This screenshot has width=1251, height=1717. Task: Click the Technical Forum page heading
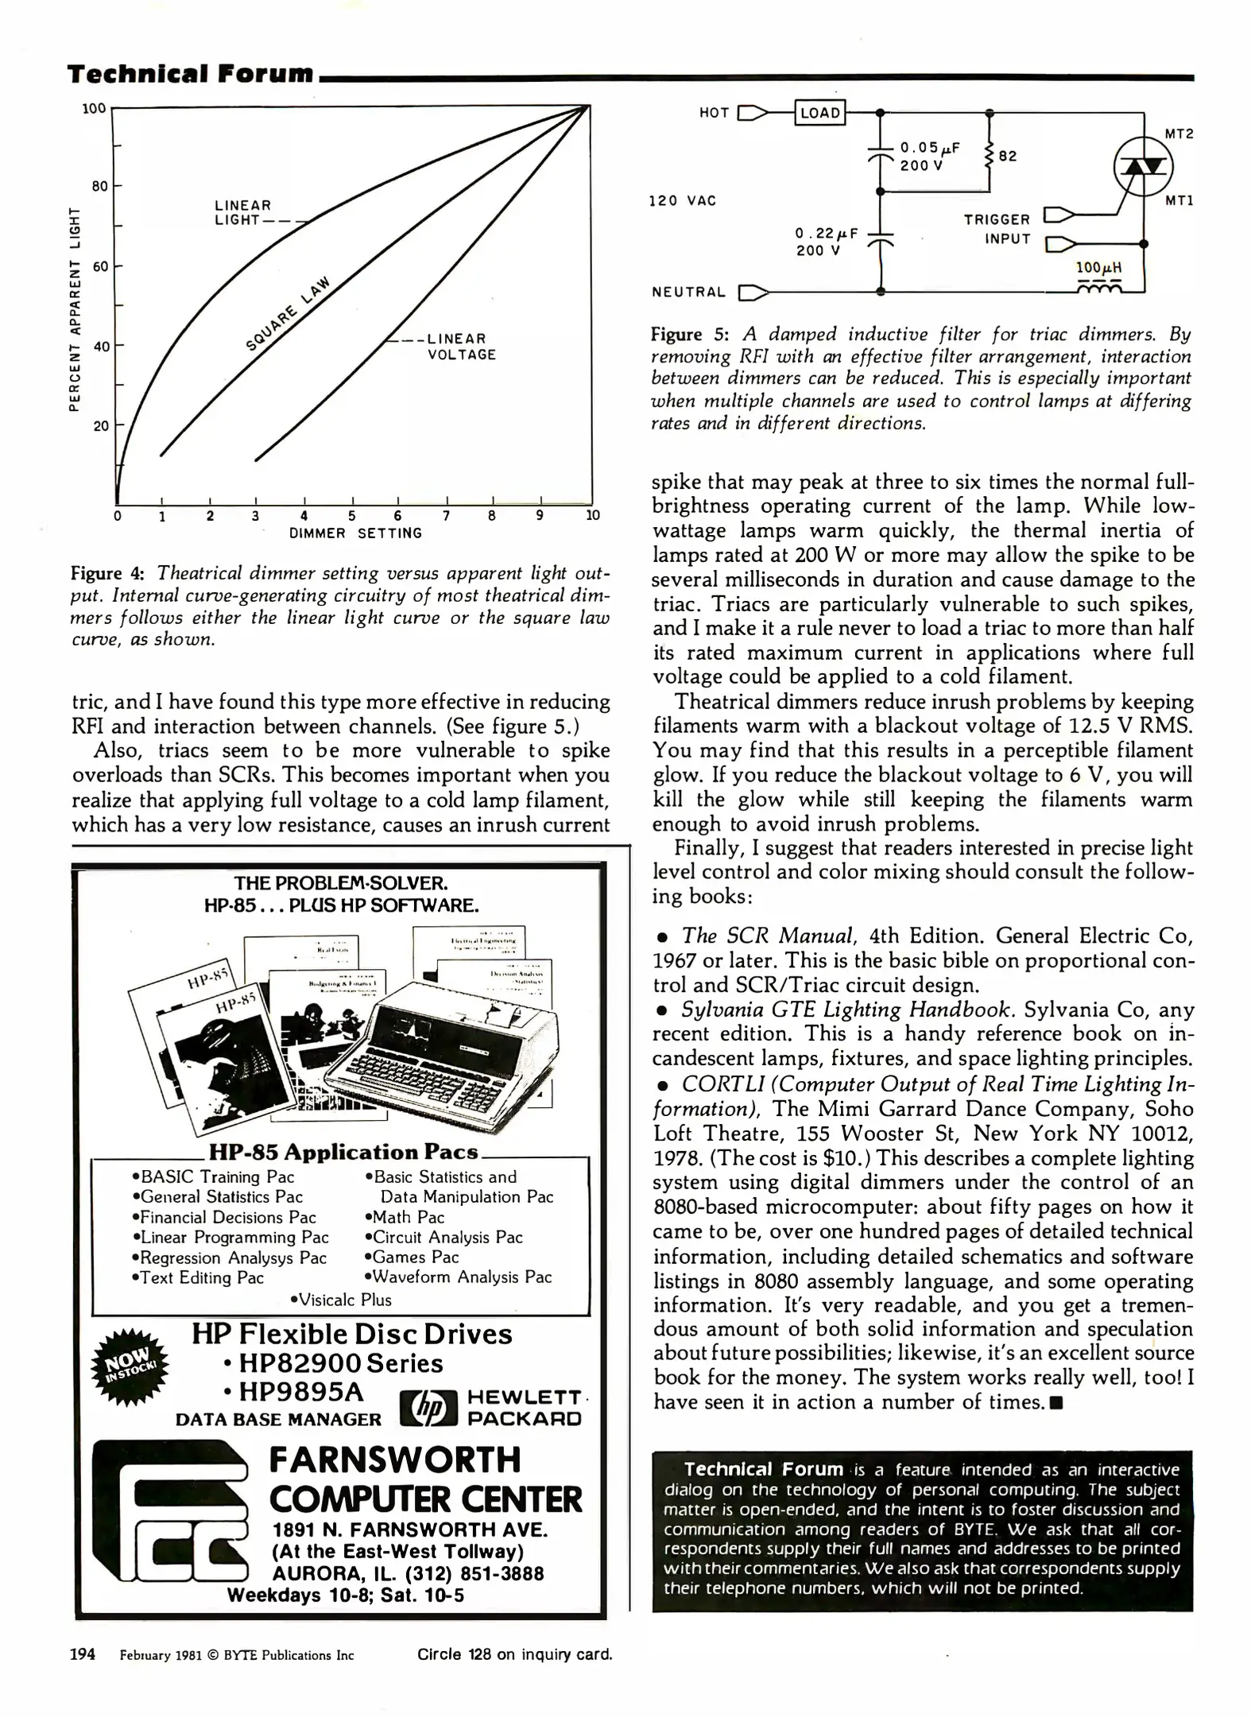(191, 74)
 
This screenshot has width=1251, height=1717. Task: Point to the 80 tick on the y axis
(99, 187)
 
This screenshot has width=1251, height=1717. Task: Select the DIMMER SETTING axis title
(355, 533)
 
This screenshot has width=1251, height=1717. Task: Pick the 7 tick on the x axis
(447, 515)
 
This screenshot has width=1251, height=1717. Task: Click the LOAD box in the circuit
(819, 113)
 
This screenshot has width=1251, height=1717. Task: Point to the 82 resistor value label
(1008, 157)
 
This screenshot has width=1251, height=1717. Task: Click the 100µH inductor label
(1098, 268)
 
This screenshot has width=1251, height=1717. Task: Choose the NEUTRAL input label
(688, 293)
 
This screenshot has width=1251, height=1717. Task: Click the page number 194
(83, 1654)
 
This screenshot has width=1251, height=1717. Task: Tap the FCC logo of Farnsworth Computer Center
(173, 1515)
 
